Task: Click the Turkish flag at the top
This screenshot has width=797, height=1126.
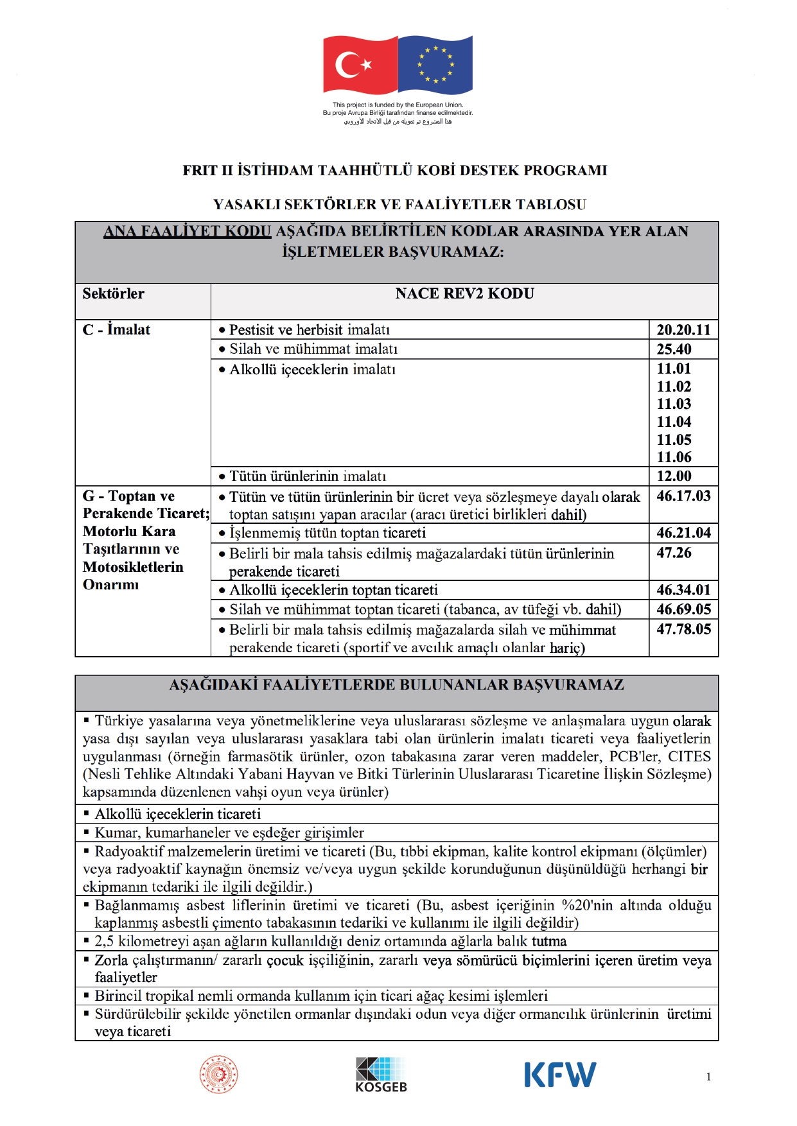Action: click(360, 64)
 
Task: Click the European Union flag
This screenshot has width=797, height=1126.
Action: click(435, 64)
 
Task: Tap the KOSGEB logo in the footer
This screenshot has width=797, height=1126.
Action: click(381, 1075)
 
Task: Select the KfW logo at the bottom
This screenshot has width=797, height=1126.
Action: click(560, 1075)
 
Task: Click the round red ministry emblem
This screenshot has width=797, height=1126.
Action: click(219, 1075)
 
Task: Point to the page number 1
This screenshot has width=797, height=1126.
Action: click(708, 1077)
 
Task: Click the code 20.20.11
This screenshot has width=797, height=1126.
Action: click(683, 330)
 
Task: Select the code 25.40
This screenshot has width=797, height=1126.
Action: click(674, 349)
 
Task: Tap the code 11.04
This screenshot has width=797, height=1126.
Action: click(674, 422)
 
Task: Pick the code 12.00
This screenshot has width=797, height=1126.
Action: click(674, 476)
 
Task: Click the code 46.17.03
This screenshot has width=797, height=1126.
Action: click(683, 496)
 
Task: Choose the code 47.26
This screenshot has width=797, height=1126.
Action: click(674, 553)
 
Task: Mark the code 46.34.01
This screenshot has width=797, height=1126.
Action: click(683, 590)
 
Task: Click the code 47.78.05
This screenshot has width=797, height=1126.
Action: click(683, 629)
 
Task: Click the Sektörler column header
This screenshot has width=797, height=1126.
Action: click(113, 293)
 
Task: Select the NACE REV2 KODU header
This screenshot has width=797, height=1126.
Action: click(464, 293)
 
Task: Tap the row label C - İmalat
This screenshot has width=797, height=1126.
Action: click(116, 330)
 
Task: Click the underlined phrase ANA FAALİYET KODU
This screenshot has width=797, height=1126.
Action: click(188, 231)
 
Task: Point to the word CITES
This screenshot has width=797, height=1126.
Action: click(689, 756)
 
